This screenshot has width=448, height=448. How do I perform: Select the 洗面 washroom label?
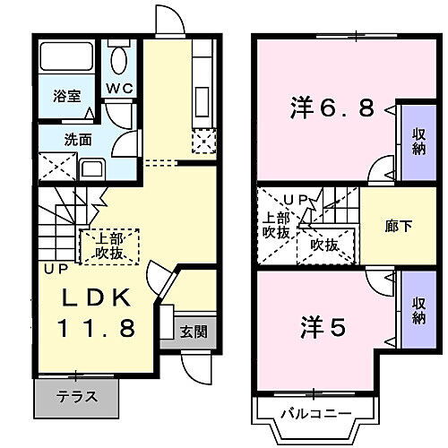pyautogui.click(x=77, y=140)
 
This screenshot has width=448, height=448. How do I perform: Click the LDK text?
pyautogui.click(x=99, y=297)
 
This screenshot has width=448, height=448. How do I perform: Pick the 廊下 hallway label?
pyautogui.click(x=399, y=227)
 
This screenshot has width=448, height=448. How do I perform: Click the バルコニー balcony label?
pyautogui.click(x=314, y=414)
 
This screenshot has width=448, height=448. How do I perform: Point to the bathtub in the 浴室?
pyautogui.click(x=67, y=59)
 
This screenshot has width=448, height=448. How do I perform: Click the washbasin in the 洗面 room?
pyautogui.click(x=91, y=169)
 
